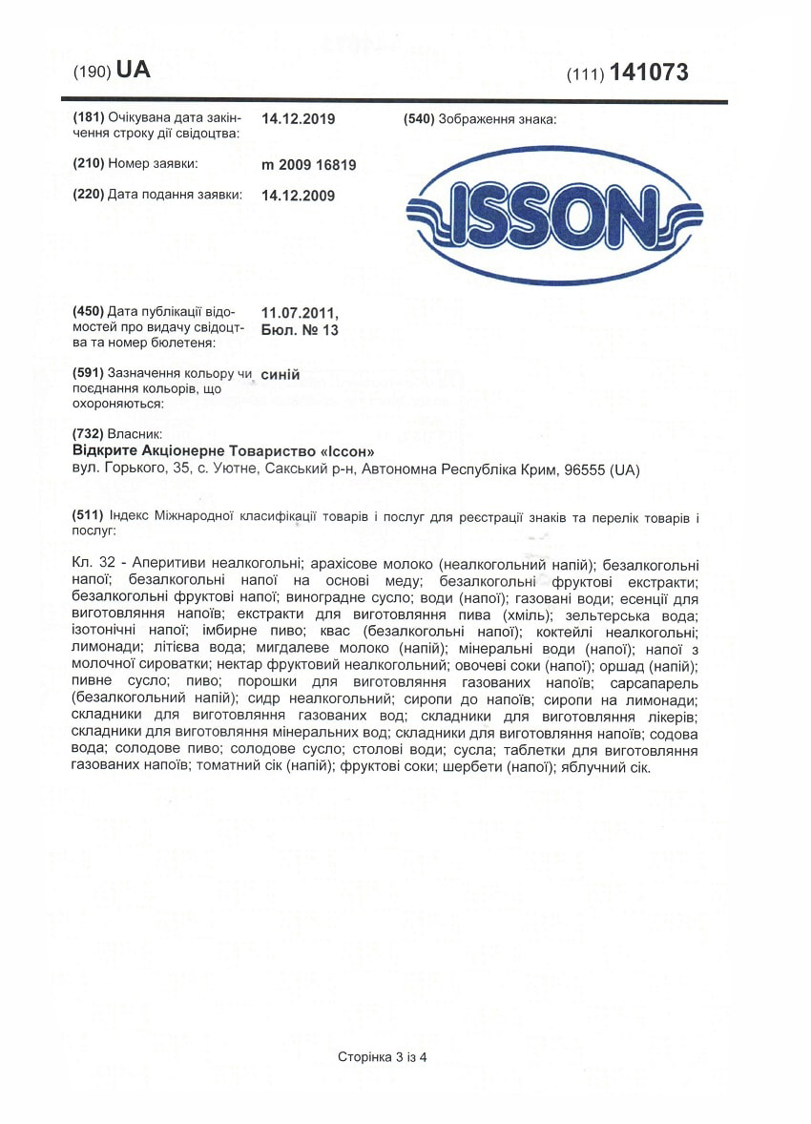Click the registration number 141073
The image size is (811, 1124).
[x=650, y=73]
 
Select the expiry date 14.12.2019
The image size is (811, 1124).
[x=298, y=119]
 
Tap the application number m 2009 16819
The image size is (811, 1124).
[x=308, y=165]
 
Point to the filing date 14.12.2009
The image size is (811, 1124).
[x=298, y=195]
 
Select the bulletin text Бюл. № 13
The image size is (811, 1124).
[x=300, y=330]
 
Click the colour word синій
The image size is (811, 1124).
[x=281, y=374]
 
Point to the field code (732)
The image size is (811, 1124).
[x=89, y=434]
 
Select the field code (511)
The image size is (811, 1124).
[x=89, y=517]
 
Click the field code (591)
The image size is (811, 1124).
[x=89, y=373]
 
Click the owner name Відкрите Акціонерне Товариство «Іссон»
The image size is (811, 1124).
[x=218, y=450]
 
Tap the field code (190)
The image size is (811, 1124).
[x=93, y=73]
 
